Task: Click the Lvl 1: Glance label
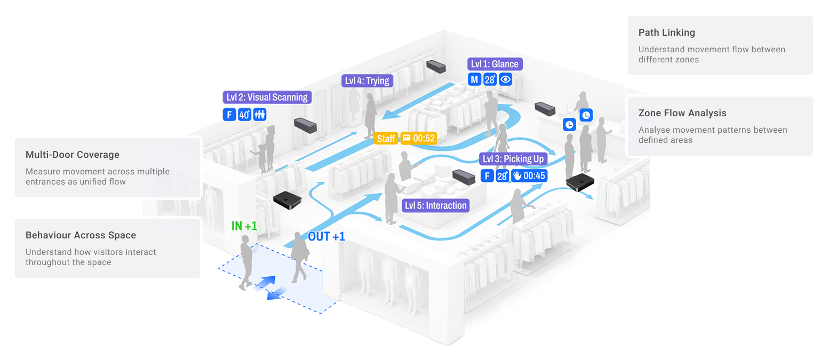tap(494, 64)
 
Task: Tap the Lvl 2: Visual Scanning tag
tap(267, 97)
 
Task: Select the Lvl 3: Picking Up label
tap(513, 159)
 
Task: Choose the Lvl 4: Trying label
tap(368, 81)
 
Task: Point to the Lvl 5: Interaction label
tap(436, 205)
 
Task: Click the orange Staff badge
tap(386, 138)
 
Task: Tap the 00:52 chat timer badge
tap(419, 138)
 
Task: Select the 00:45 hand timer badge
tap(529, 175)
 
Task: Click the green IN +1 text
tap(244, 226)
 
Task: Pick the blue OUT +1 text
tap(326, 236)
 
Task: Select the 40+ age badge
tap(245, 114)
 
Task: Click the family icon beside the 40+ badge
tap(260, 114)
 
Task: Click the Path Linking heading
tap(666, 33)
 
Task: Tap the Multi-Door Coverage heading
tap(72, 155)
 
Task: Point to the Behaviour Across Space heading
tap(81, 235)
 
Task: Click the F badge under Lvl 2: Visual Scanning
tap(229, 114)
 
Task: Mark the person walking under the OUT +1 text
tap(299, 258)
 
